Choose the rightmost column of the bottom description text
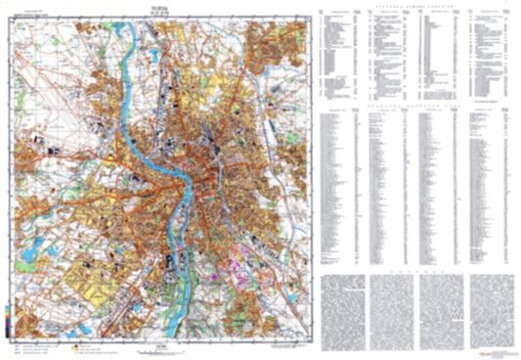[489, 308]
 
